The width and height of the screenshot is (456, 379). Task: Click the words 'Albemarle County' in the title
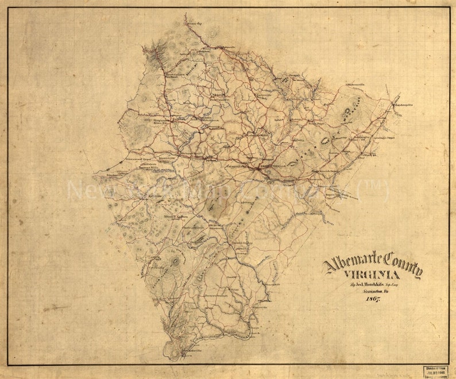pos(373,265)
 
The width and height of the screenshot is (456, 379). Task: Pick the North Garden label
pos(175,216)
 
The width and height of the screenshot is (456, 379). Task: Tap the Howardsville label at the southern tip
pos(189,350)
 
